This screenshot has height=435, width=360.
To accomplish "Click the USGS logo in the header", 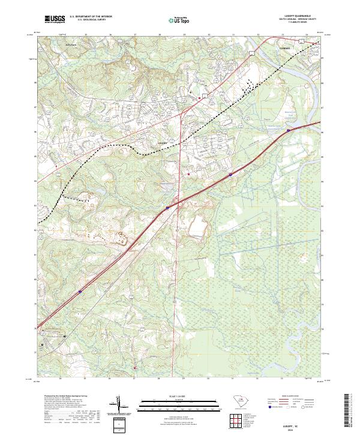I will coord(55,19).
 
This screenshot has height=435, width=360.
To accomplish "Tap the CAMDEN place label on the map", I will coord(284,47).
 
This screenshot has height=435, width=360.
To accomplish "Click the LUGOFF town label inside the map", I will coord(160,143).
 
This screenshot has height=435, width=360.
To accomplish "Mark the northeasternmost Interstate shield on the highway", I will coord(289,128).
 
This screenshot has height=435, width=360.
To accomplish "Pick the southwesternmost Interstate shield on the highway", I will coord(80,293).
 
